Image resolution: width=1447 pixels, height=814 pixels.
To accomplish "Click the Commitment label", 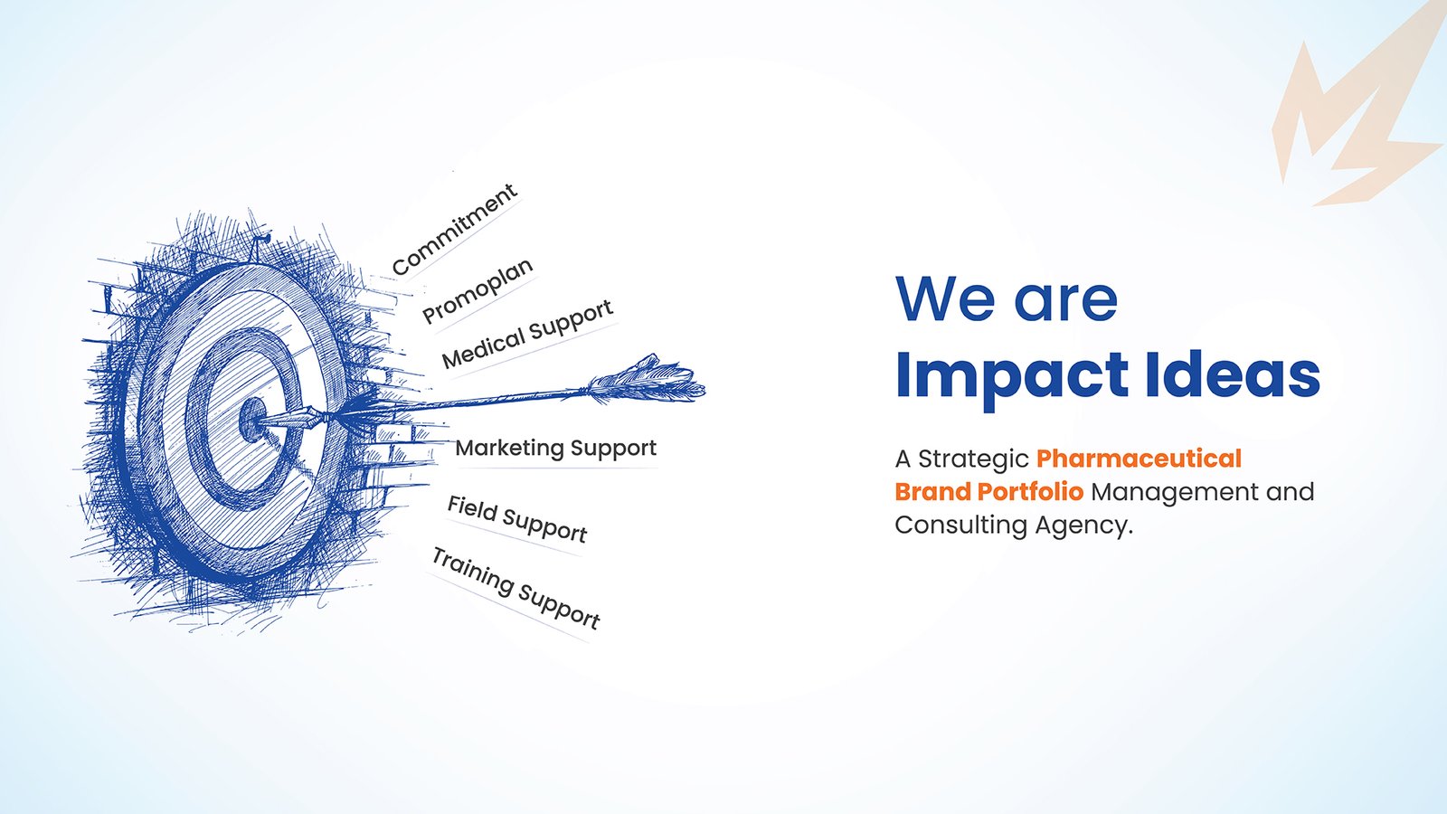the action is click(454, 229).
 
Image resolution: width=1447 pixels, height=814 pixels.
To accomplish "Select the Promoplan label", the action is click(478, 290).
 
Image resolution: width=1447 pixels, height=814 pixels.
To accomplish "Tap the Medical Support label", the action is click(527, 334).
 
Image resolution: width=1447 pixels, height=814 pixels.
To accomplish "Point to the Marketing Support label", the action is click(555, 448).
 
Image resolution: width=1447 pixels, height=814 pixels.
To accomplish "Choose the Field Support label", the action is click(516, 519).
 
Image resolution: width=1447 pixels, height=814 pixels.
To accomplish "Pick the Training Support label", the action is click(515, 587).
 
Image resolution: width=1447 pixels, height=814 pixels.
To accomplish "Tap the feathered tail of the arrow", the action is click(646, 381).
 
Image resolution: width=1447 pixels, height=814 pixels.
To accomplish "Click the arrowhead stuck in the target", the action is click(290, 419).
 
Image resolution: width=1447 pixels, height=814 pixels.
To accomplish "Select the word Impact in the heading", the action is click(1012, 376).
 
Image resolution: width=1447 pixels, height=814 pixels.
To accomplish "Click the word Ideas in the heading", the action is click(1233, 374).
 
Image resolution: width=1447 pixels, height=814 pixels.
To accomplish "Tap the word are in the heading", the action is click(1066, 304).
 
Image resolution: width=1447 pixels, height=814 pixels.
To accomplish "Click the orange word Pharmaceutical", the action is click(1139, 459).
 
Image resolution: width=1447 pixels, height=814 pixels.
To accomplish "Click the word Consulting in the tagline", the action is click(960, 525).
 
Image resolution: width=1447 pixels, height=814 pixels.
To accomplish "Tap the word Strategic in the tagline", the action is click(973, 459).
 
